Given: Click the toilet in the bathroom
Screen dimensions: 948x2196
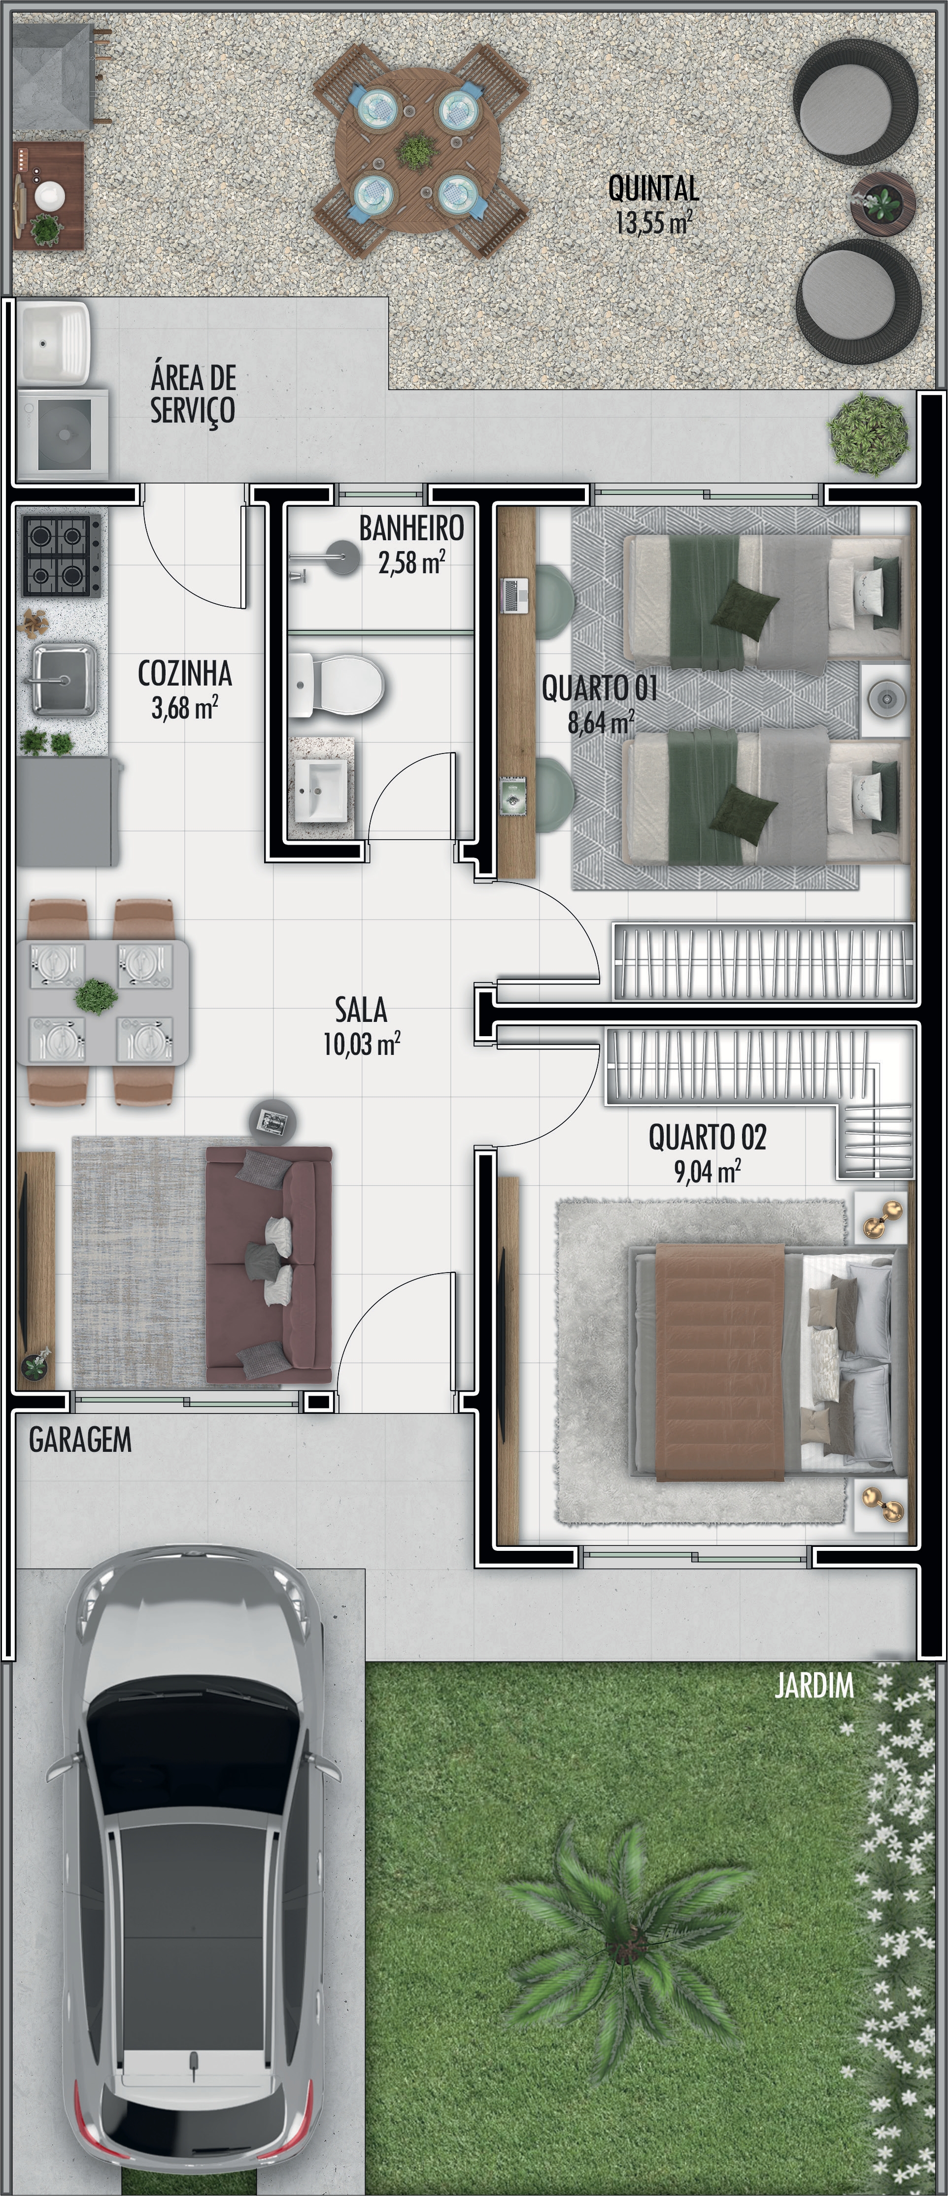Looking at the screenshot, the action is click(338, 684).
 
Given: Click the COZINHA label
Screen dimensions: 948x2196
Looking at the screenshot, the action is click(185, 673).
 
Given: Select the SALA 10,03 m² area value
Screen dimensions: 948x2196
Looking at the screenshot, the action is click(362, 1044).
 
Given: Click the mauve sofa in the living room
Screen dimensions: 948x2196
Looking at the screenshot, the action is click(270, 1265).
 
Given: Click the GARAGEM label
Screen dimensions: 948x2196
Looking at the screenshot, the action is click(80, 1440).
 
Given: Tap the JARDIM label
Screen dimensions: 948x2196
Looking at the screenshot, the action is click(814, 1685).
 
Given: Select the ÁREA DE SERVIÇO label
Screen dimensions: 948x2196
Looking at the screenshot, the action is click(194, 394).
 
